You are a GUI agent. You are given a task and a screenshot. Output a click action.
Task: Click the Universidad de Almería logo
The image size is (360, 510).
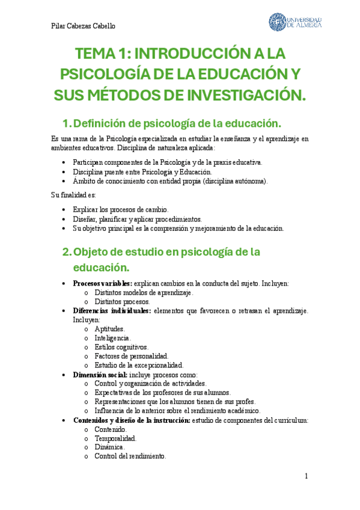coord(294,22)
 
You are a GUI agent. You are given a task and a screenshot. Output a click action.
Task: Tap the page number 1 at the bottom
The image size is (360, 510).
coord(306,476)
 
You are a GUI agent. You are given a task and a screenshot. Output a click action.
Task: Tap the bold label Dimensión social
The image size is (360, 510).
coord(100,374)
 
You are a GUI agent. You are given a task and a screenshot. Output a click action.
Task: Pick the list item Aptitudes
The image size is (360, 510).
coord(109,329)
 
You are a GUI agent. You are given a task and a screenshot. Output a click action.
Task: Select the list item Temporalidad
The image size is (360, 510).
coord(115,438)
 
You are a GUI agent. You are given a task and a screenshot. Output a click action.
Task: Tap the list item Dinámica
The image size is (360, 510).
coord(109,447)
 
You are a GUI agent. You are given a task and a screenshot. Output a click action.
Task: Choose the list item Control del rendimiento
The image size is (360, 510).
coord(130,456)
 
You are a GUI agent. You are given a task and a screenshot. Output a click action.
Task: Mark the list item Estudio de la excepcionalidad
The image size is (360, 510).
coord(139,365)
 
